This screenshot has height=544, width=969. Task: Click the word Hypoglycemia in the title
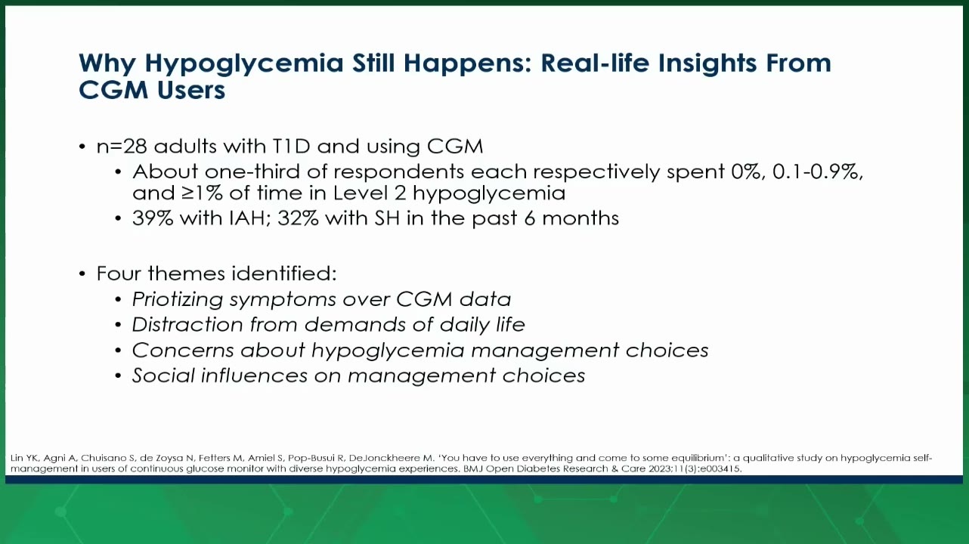[x=244, y=64]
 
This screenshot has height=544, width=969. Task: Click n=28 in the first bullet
[x=122, y=146]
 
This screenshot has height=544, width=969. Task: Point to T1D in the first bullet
[x=291, y=146]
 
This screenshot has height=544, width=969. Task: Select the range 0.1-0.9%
[x=818, y=172]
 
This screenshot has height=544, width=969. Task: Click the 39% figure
[x=153, y=218]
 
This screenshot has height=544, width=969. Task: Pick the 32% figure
[x=298, y=218]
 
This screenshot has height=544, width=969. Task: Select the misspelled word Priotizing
[x=178, y=299]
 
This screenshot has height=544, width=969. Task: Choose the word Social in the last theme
[x=163, y=376]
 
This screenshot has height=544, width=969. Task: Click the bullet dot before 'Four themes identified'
[x=82, y=274]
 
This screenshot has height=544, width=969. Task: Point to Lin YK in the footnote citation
[x=25, y=458]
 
